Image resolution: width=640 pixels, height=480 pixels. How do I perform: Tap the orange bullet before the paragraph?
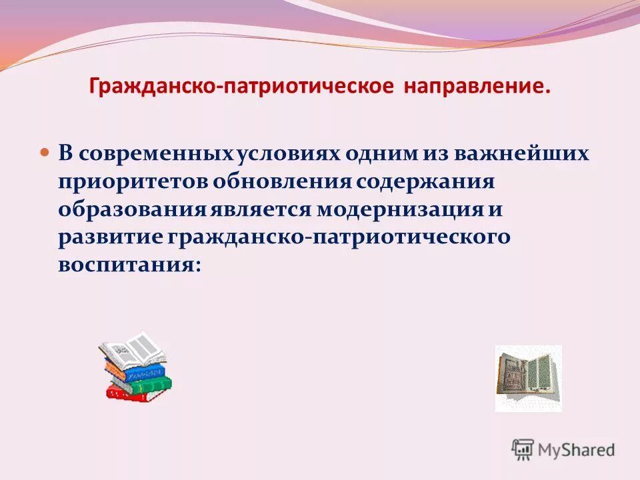[x=46, y=134]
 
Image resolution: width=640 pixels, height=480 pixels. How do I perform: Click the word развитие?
[x=113, y=237]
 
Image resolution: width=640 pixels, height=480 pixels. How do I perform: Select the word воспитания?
[x=129, y=264]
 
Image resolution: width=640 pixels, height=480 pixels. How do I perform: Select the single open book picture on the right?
[x=528, y=377]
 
